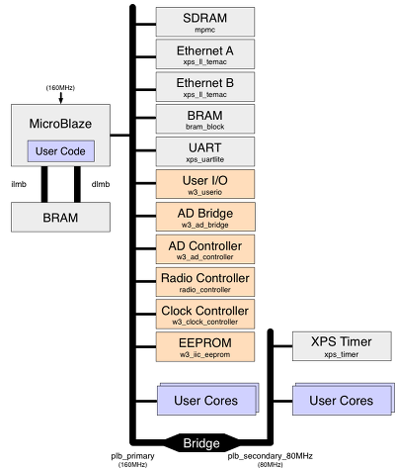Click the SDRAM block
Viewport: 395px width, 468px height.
pyautogui.click(x=205, y=22)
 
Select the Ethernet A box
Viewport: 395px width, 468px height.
pyautogui.click(x=205, y=54)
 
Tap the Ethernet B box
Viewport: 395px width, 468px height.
pyautogui.click(x=205, y=87)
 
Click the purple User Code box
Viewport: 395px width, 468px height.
pyautogui.click(x=61, y=151)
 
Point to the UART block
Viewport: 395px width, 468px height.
pyautogui.click(x=205, y=151)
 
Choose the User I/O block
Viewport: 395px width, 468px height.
pyautogui.click(x=205, y=184)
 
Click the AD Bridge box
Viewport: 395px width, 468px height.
pyautogui.click(x=205, y=217)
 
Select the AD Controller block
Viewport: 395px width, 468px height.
pyautogui.click(x=205, y=249)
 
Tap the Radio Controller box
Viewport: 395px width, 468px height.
pyautogui.click(x=205, y=282)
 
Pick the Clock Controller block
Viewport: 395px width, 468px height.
pyautogui.click(x=205, y=314)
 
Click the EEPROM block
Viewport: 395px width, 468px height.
pyautogui.click(x=205, y=346)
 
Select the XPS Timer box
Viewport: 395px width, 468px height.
pyautogui.click(x=342, y=346)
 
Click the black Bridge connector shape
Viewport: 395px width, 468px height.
pyautogui.click(x=201, y=443)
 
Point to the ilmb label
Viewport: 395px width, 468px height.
pyautogui.click(x=19, y=184)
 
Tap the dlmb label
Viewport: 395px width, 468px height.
pyautogui.click(x=101, y=184)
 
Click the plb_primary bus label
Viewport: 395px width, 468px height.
pyautogui.click(x=132, y=456)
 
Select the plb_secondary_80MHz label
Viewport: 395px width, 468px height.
pyautogui.click(x=270, y=456)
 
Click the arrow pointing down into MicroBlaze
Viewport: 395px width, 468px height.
pyautogui.click(x=61, y=98)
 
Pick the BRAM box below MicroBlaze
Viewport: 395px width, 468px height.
pyautogui.click(x=60, y=218)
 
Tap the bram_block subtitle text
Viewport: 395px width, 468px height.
pyautogui.click(x=205, y=127)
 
